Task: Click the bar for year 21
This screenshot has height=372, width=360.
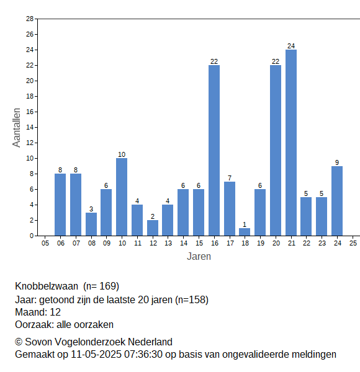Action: (x=291, y=143)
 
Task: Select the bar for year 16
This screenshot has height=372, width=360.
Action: (x=214, y=151)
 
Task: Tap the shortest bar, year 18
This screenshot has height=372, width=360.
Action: (x=245, y=232)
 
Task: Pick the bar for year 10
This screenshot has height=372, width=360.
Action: (x=122, y=197)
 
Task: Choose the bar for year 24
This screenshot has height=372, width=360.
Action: (x=337, y=201)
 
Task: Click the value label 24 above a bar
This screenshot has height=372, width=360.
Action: (x=291, y=46)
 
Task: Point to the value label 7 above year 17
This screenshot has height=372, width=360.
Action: (x=230, y=178)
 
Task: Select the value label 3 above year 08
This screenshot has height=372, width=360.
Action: (x=91, y=209)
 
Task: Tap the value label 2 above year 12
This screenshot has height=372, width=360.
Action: (x=153, y=216)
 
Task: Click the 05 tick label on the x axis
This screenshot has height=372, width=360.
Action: (x=45, y=243)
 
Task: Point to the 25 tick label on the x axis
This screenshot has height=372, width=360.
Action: (x=353, y=243)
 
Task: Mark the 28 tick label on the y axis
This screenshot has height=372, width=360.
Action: (x=30, y=19)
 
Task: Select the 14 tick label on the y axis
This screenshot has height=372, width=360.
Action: (x=30, y=127)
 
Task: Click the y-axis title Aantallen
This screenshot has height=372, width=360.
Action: (x=16, y=128)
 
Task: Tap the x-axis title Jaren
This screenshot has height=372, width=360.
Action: (x=199, y=257)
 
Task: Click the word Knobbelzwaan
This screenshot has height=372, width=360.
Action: (x=47, y=286)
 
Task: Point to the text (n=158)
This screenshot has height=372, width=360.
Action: (x=192, y=300)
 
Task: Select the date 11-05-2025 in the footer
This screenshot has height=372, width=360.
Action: (x=96, y=355)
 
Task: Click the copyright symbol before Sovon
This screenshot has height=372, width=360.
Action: (x=19, y=342)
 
